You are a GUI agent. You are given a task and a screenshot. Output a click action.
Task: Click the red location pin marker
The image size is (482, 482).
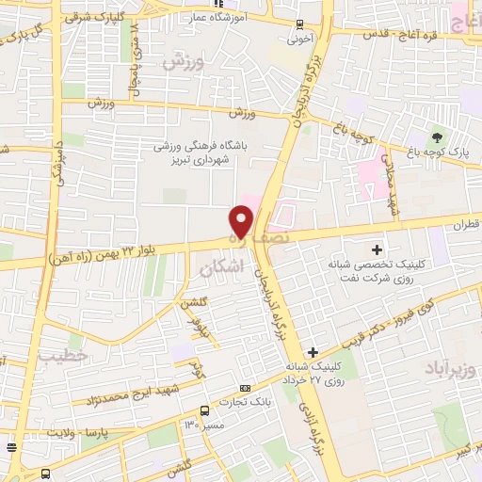(x=242, y=220)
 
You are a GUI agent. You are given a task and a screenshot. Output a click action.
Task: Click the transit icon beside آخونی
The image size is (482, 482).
(x=299, y=24)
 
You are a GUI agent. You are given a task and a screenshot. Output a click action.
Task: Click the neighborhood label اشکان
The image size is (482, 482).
(x=222, y=267)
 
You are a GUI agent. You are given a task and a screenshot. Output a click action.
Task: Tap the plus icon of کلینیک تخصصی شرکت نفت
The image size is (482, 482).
(x=378, y=249)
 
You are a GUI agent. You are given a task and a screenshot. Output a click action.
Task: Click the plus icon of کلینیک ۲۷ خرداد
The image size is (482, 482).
(x=313, y=353)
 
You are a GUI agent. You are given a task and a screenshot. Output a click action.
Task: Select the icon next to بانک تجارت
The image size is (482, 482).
(x=246, y=388)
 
